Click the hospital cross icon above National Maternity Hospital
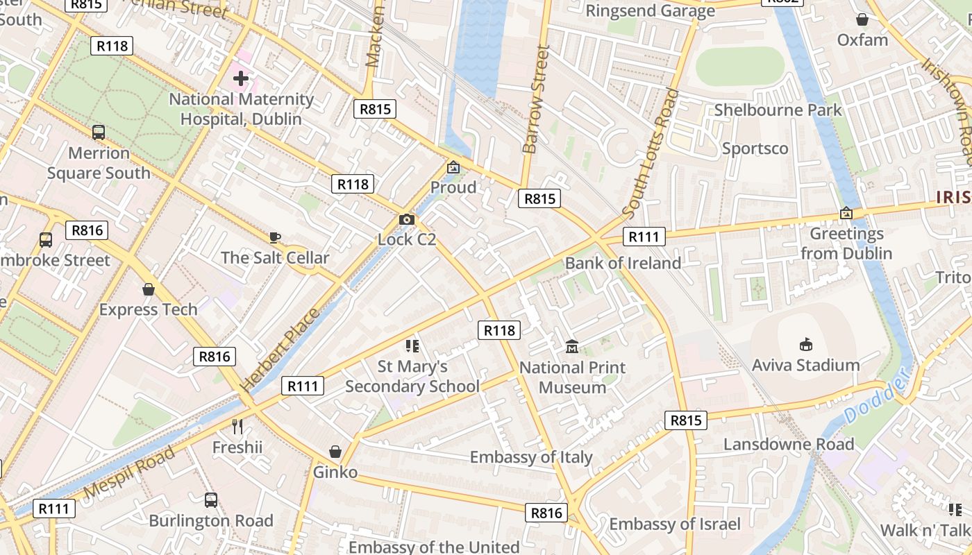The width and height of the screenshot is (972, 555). (x=241, y=78)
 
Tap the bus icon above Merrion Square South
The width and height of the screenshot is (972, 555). (x=99, y=132)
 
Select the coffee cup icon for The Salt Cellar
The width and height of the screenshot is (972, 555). (x=275, y=238)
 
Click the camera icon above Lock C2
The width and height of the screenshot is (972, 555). (x=407, y=220)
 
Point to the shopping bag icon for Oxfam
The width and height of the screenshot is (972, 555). (x=862, y=19)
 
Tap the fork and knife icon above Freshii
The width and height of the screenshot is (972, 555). (x=237, y=426)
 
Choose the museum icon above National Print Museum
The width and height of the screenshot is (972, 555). (x=572, y=346)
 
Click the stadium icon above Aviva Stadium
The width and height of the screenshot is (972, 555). (x=805, y=344)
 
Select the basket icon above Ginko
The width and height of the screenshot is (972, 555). (x=335, y=452)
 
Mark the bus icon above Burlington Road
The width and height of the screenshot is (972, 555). (x=211, y=499)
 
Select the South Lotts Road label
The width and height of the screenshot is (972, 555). (x=650, y=153)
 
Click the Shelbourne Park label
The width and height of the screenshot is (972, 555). (x=778, y=110)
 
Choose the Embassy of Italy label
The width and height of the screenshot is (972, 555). (x=531, y=457)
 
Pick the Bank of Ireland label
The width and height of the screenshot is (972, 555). (x=623, y=263)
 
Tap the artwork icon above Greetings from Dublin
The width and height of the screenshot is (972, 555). (x=846, y=213)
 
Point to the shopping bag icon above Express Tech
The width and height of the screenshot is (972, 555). (x=148, y=289)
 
